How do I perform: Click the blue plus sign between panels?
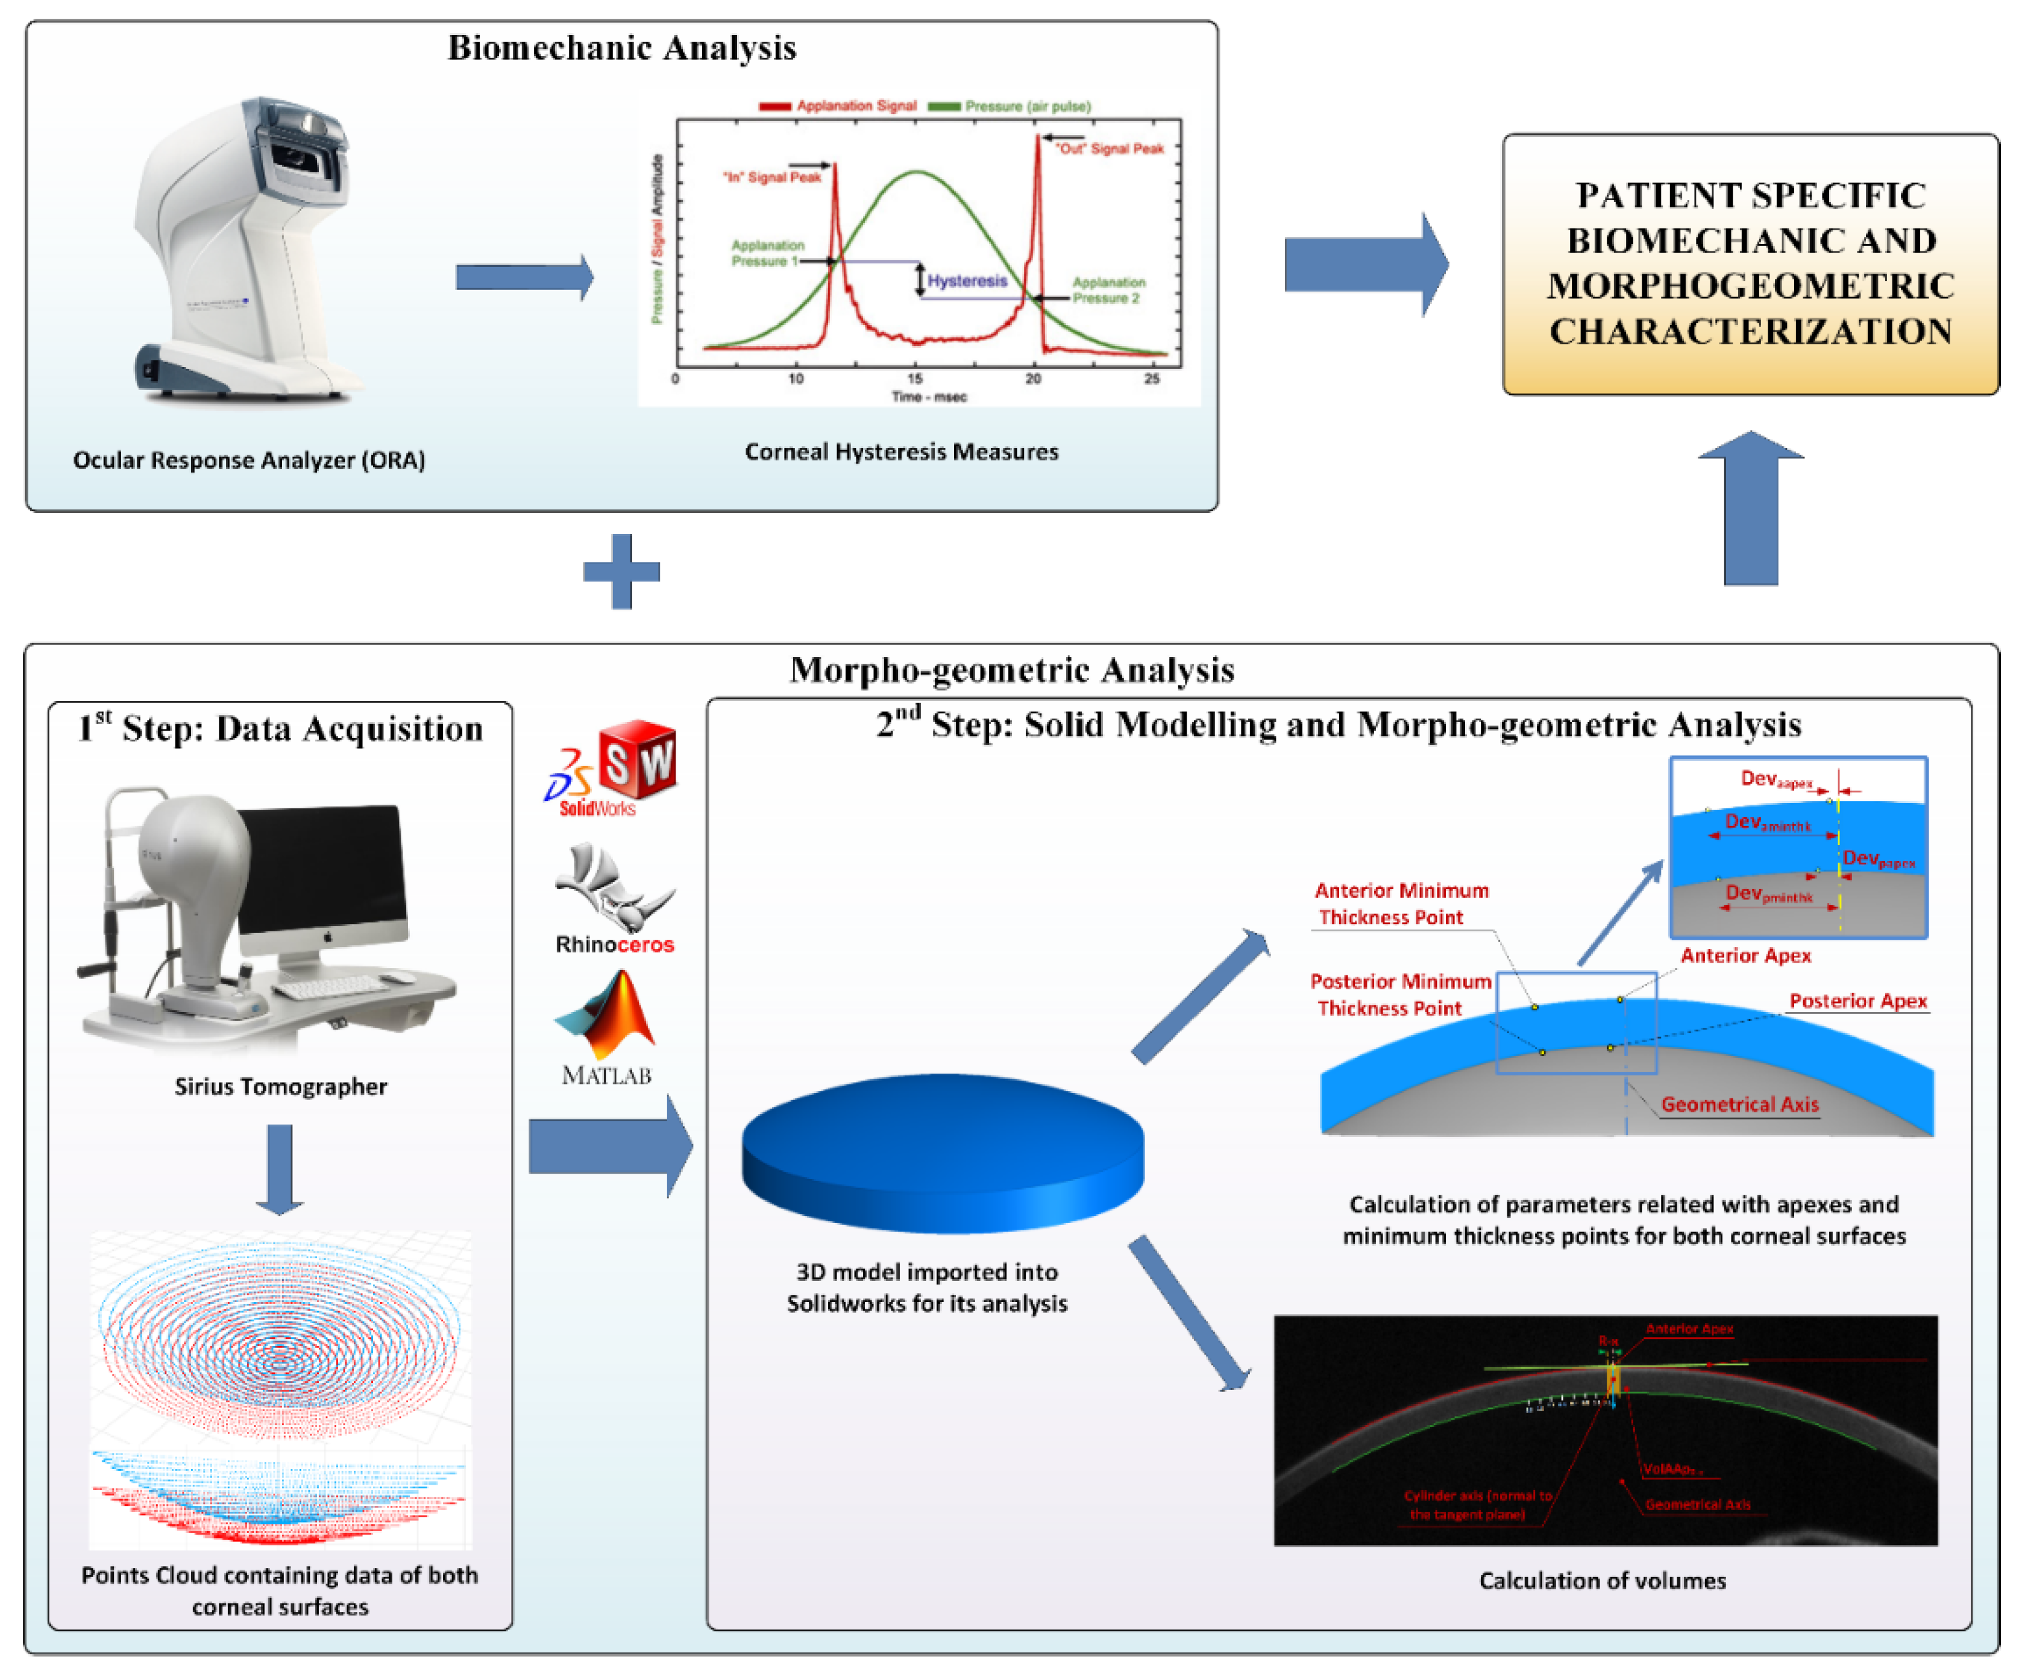pyautogui.click(x=621, y=571)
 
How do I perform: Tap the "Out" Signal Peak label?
pyautogui.click(x=1110, y=149)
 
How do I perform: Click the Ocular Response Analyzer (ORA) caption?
pyautogui.click(x=249, y=459)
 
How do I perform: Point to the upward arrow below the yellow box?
pyautogui.click(x=1750, y=509)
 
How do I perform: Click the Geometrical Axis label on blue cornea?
pyautogui.click(x=1739, y=1104)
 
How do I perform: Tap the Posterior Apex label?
pyautogui.click(x=1857, y=1001)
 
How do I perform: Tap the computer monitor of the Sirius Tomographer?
pyautogui.click(x=322, y=870)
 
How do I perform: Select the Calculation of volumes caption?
pyautogui.click(x=1602, y=1580)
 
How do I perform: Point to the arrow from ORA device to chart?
pyautogui.click(x=524, y=278)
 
